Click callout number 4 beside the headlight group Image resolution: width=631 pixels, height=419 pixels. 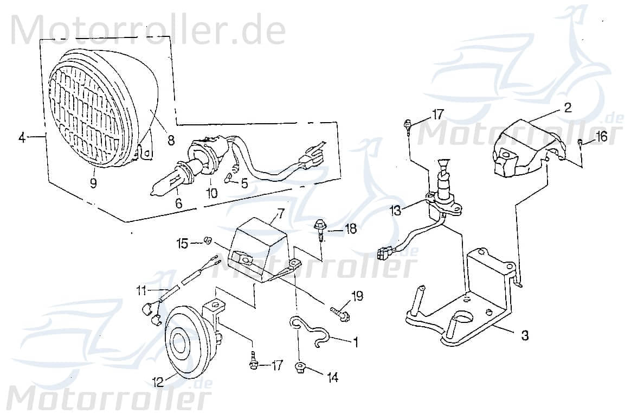click(x=22, y=138)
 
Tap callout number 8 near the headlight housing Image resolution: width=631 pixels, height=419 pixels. click(x=171, y=139)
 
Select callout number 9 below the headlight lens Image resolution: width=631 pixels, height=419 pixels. click(x=93, y=183)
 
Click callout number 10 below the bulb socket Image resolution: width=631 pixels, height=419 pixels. click(x=211, y=192)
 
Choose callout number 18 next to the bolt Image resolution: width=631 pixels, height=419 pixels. click(x=350, y=230)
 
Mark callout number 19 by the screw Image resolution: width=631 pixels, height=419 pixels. click(x=357, y=296)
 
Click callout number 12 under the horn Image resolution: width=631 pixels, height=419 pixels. click(x=158, y=383)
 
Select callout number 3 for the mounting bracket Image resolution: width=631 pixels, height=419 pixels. click(x=524, y=336)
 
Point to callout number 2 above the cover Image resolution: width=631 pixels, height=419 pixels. click(x=567, y=107)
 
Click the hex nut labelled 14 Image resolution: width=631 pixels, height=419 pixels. click(x=300, y=369)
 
